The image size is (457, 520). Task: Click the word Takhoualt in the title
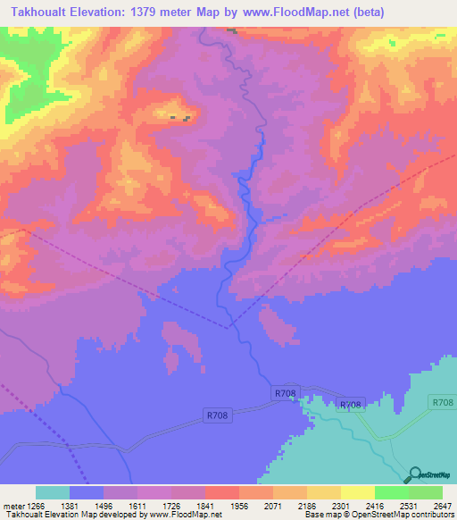(45, 12)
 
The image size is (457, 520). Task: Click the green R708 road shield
(441, 403)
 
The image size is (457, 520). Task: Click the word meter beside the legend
(12, 506)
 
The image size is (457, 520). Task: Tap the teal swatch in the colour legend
(53, 492)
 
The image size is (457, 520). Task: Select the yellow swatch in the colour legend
(358, 492)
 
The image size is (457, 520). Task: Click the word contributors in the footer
(430, 515)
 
